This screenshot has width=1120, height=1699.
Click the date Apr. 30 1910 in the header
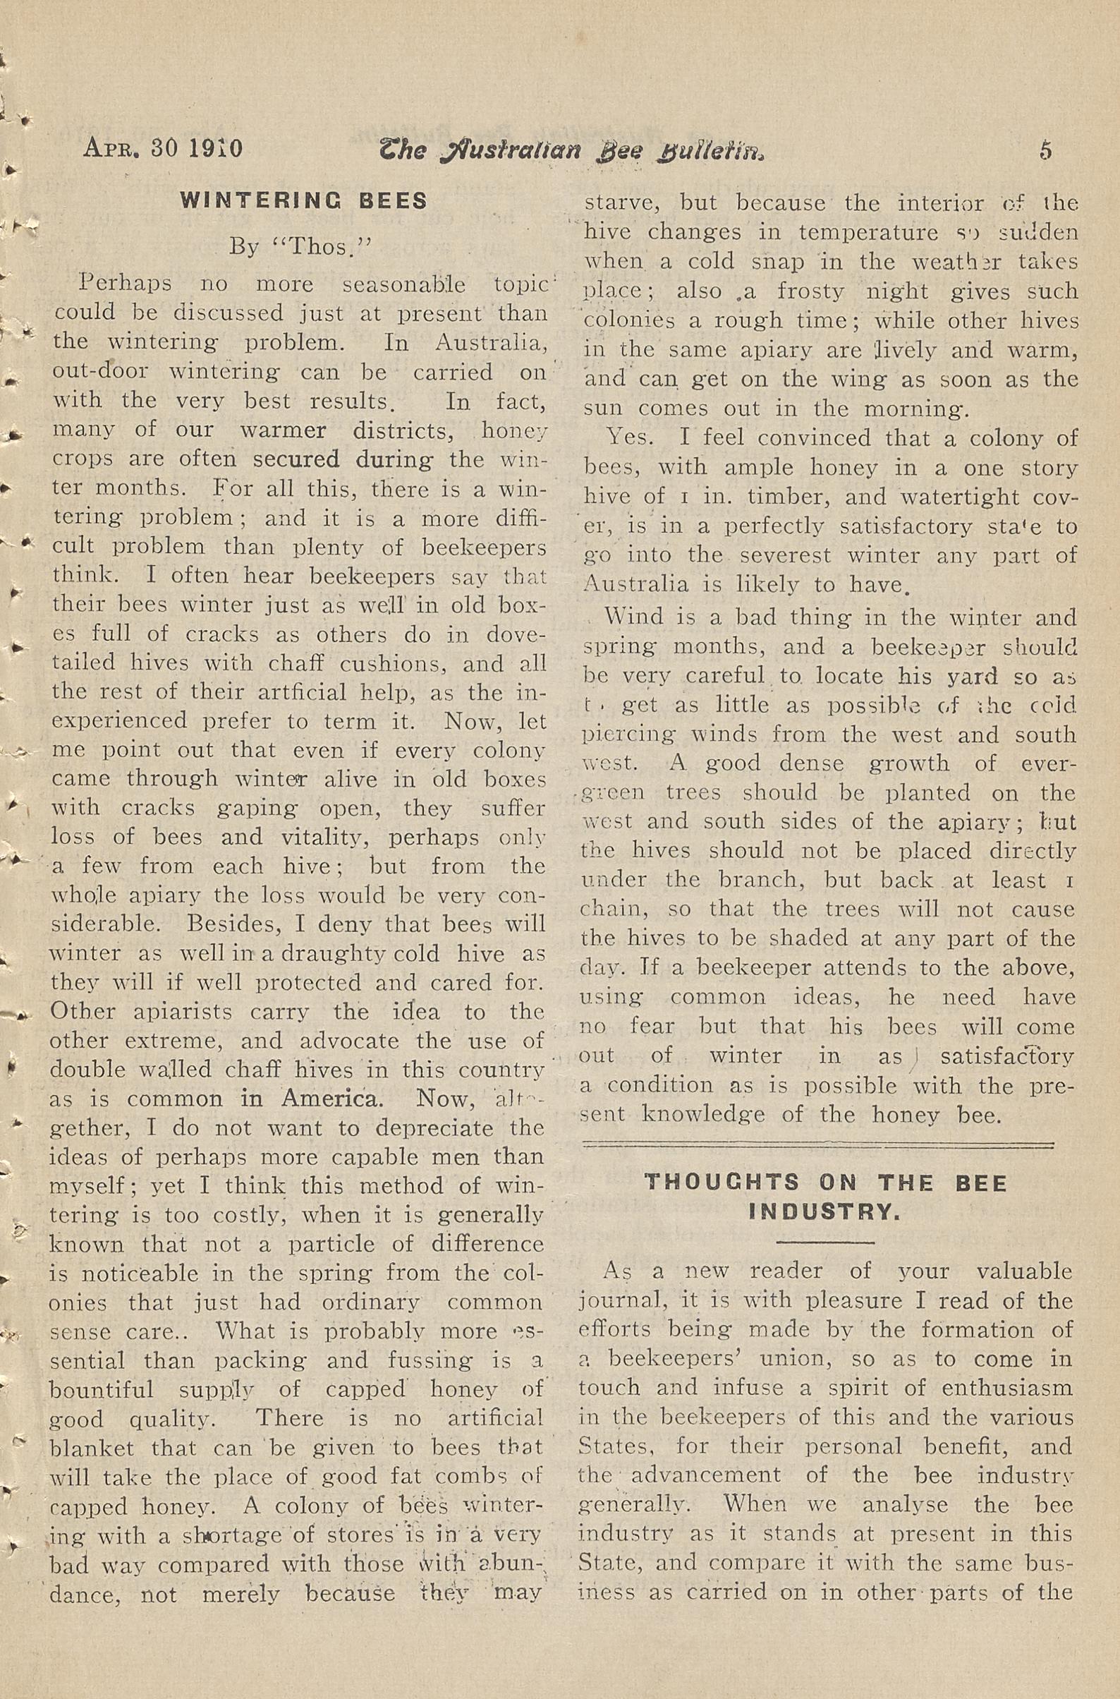163,148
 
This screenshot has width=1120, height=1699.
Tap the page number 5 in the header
1046,150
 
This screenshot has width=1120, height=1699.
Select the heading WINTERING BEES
303,201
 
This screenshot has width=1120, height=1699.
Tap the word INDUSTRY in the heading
824,1211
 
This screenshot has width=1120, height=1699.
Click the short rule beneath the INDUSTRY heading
825,1243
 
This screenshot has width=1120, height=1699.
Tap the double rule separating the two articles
818,1144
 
